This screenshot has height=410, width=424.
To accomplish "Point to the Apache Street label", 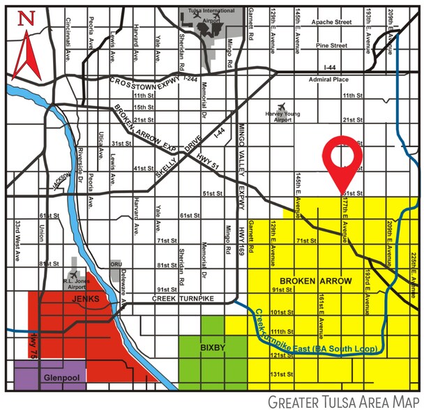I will tap(333, 22).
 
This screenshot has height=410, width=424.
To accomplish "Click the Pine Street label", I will tap(331, 45).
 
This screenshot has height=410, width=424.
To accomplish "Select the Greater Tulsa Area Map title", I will tap(344, 401).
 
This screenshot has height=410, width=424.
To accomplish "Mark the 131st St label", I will tap(283, 375).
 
